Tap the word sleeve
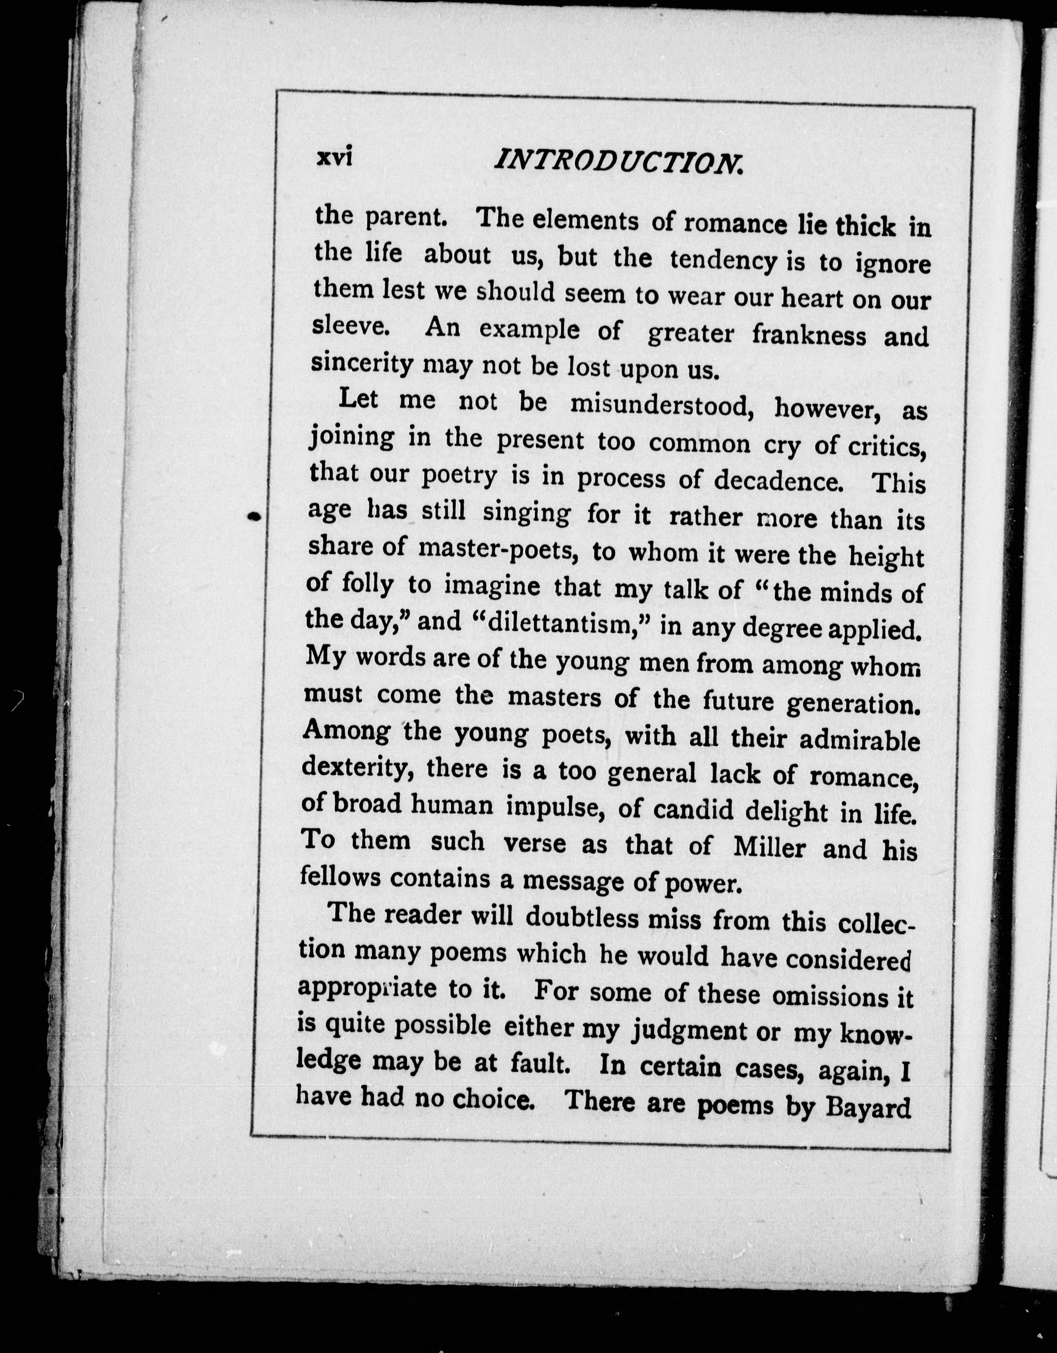tap(350, 326)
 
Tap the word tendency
tap(723, 261)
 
